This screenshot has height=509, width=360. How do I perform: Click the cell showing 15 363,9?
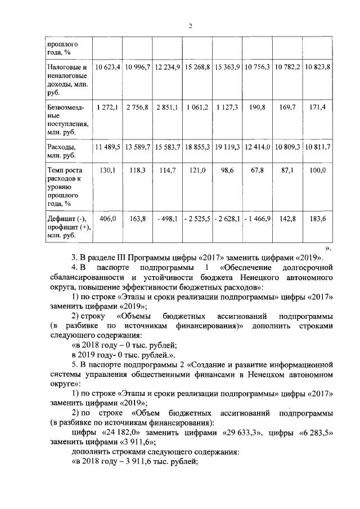[x=227, y=67]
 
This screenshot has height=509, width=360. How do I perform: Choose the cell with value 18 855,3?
[x=197, y=147]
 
